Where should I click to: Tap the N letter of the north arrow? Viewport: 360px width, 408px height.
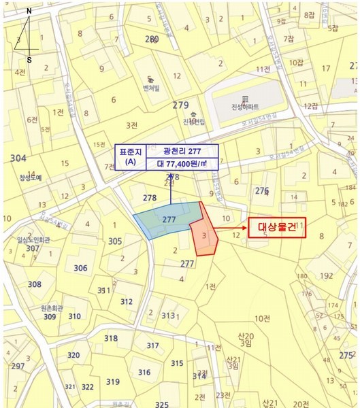28,12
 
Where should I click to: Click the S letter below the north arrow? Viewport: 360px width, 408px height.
29,60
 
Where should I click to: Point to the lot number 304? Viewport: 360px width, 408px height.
18,158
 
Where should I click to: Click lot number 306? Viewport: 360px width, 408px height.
80,268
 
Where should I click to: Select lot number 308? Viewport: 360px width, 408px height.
34,284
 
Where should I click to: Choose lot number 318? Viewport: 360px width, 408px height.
110,338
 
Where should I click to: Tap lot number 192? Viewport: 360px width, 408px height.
326,276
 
